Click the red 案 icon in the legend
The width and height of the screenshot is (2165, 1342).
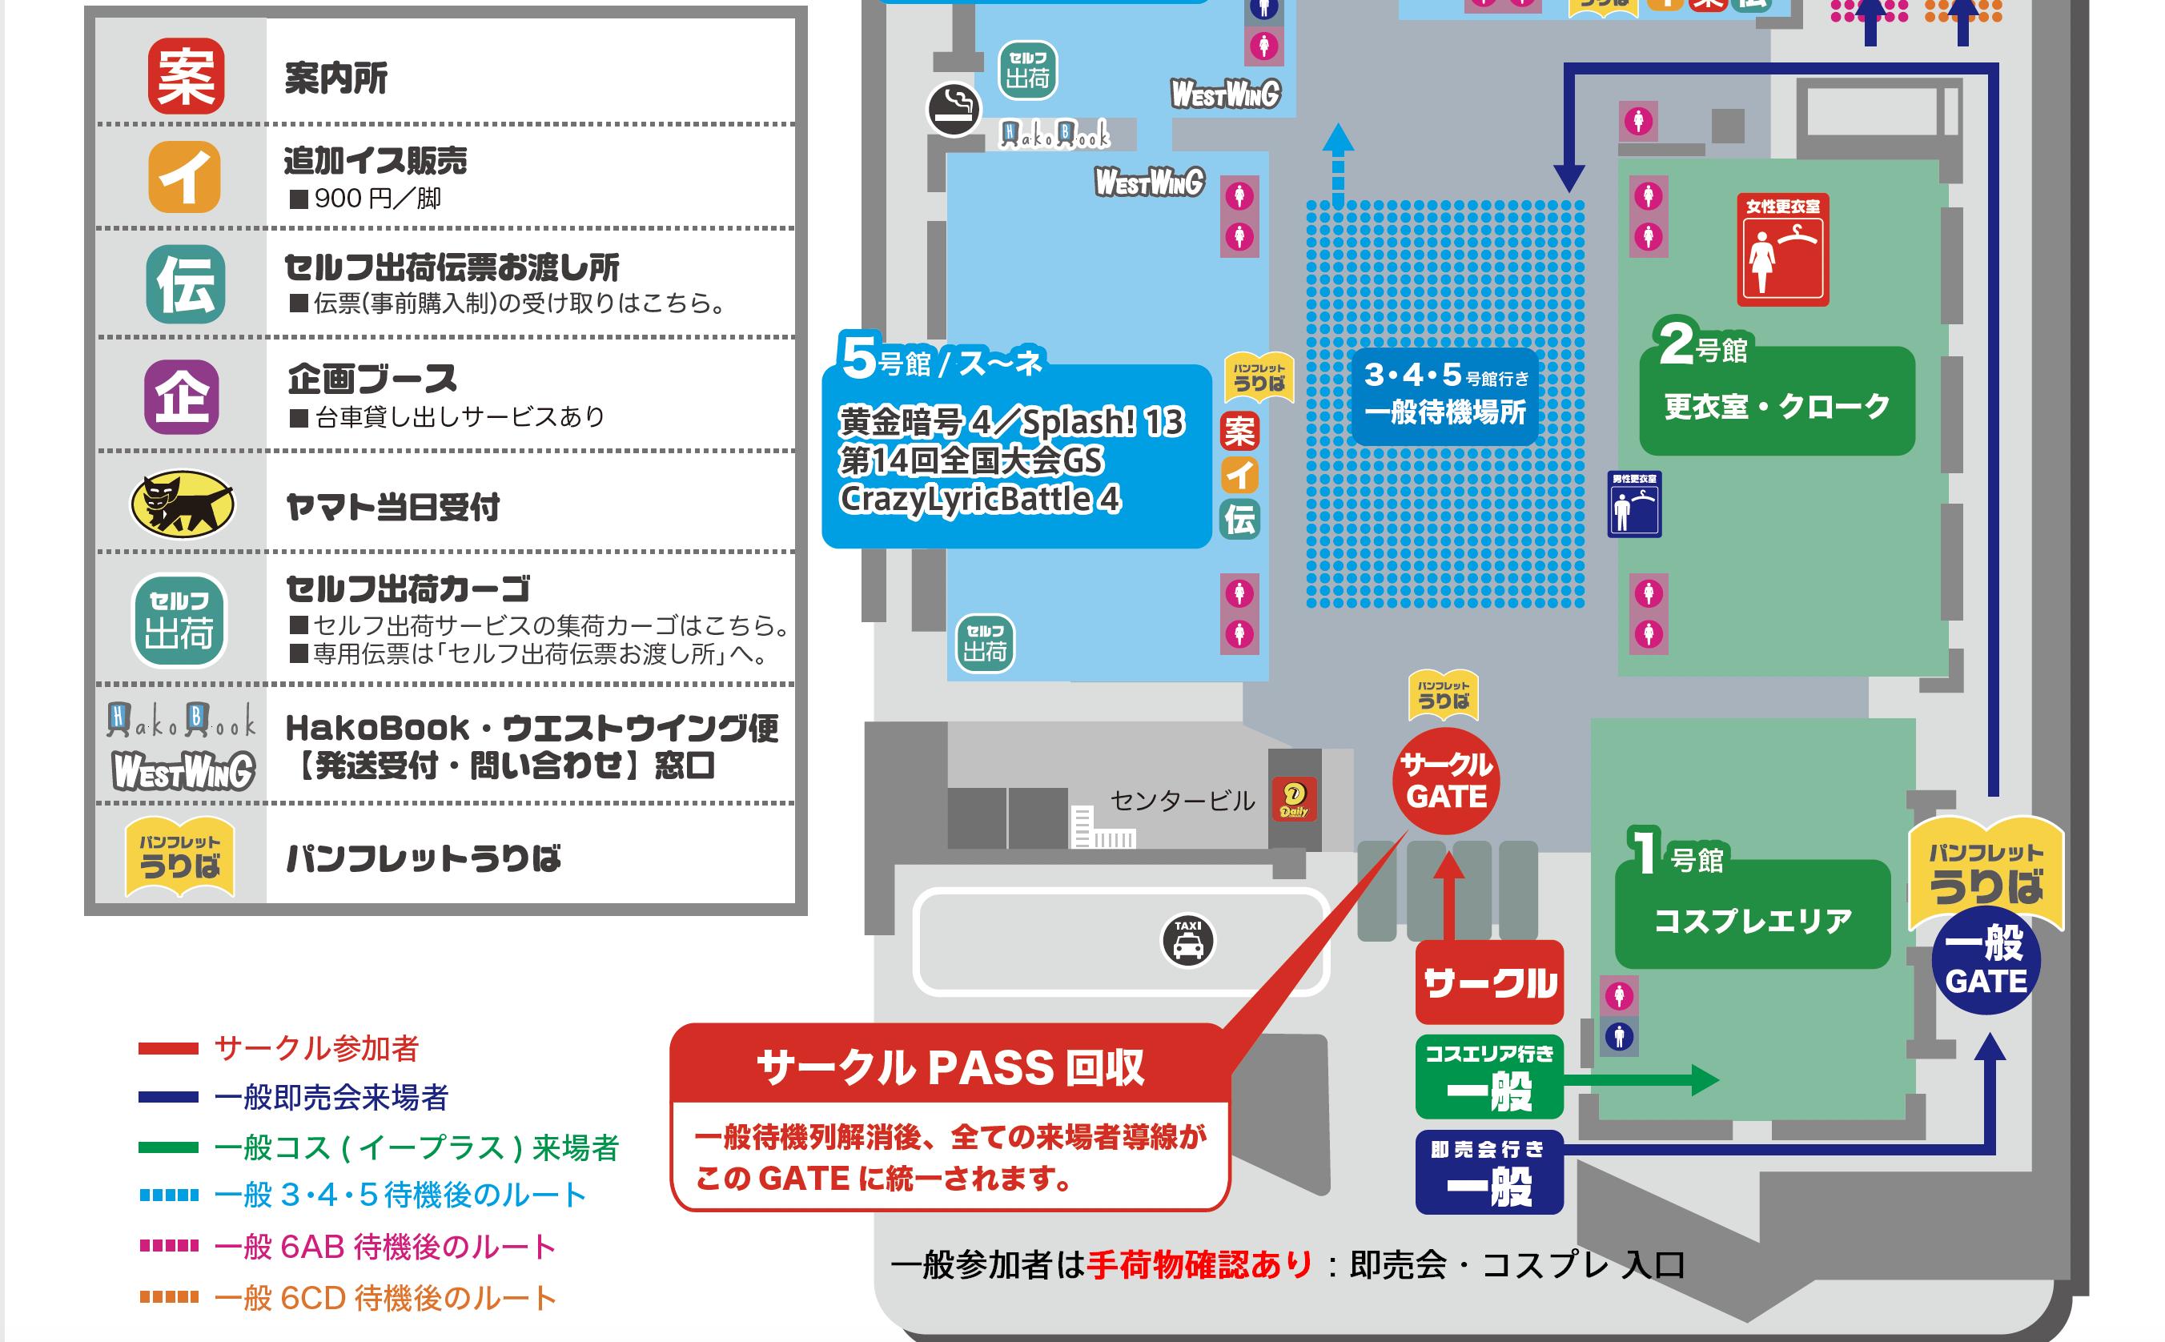pyautogui.click(x=186, y=75)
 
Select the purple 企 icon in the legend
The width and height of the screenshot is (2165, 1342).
pyautogui.click(x=182, y=396)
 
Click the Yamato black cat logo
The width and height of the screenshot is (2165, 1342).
pyautogui.click(x=183, y=504)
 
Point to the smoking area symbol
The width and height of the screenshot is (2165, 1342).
pyautogui.click(x=954, y=110)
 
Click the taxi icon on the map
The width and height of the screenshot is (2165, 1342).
pyautogui.click(x=1187, y=940)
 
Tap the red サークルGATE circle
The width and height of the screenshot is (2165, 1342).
pyautogui.click(x=1446, y=781)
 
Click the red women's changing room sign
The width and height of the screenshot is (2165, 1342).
pyautogui.click(x=1782, y=251)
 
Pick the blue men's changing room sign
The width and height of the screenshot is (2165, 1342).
pyautogui.click(x=1633, y=504)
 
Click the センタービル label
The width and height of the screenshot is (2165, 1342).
pyautogui.click(x=1182, y=802)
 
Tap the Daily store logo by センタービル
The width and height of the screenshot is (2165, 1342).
pyautogui.click(x=1294, y=800)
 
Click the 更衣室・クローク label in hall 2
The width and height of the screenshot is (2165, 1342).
pyautogui.click(x=1777, y=407)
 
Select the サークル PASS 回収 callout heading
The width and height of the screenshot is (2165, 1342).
pyautogui.click(x=950, y=1067)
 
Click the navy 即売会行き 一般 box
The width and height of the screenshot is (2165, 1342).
pyautogui.click(x=1489, y=1173)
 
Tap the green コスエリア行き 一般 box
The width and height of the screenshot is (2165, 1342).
pyautogui.click(x=1489, y=1077)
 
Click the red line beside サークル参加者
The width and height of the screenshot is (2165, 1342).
pyautogui.click(x=169, y=1048)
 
